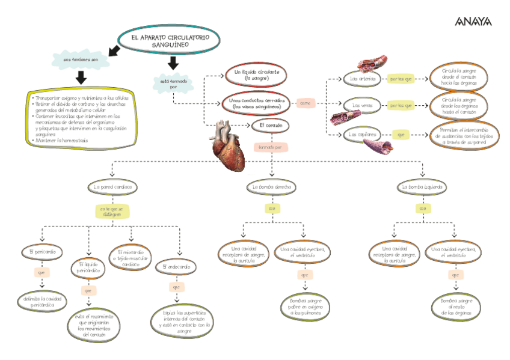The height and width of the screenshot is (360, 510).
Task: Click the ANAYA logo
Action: point(473,22)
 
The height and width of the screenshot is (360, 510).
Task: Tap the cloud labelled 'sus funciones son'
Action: point(81,61)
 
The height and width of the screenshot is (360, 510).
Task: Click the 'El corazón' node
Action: point(271,125)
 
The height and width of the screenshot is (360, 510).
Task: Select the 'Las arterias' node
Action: point(363,79)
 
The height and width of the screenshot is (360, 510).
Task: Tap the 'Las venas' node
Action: point(363,105)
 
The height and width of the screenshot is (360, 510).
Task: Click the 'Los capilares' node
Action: point(363,135)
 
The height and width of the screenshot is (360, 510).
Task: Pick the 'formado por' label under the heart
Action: point(271,147)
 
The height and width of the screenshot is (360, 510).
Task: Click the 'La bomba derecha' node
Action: point(272,188)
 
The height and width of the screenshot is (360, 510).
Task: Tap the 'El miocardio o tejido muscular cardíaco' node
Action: point(131,257)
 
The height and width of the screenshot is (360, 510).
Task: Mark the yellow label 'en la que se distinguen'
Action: point(112,212)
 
